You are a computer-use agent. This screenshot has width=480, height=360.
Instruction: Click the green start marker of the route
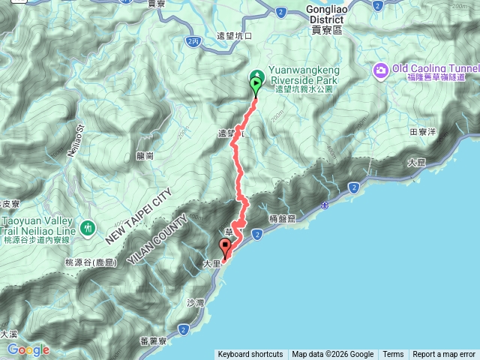256,85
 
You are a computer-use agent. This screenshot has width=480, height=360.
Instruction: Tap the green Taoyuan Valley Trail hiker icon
88,226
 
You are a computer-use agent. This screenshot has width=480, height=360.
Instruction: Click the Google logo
28,350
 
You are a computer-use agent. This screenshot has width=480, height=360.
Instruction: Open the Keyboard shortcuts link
250,355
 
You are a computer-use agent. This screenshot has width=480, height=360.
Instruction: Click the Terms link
393,355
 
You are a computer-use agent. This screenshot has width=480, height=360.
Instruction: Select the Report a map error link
444,355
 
